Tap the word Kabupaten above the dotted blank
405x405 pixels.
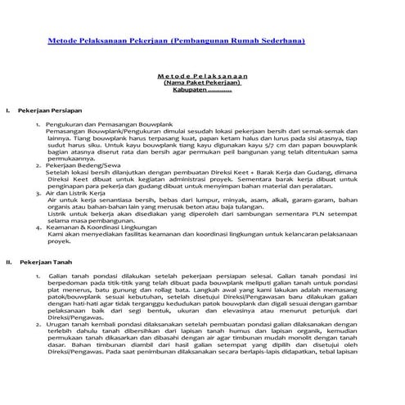coord(186,91)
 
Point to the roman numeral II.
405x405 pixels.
coord(8,261)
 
